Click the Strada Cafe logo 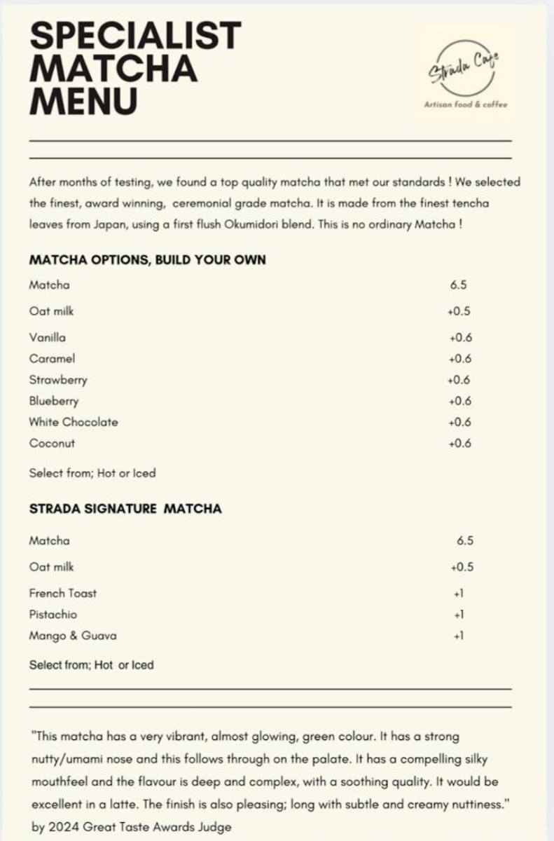click(466, 74)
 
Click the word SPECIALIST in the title click(135, 34)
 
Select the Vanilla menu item click(48, 337)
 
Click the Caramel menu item click(52, 359)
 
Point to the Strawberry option click(58, 380)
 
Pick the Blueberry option click(54, 401)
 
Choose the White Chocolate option click(74, 422)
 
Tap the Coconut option click(52, 443)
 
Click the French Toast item click(63, 593)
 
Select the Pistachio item click(53, 615)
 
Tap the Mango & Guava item click(73, 636)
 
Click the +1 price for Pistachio click(459, 615)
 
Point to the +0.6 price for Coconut click(459, 443)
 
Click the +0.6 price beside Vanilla click(460, 337)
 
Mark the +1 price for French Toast click(459, 593)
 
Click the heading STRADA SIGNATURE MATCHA click(125, 509)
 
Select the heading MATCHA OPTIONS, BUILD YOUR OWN click(147, 259)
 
